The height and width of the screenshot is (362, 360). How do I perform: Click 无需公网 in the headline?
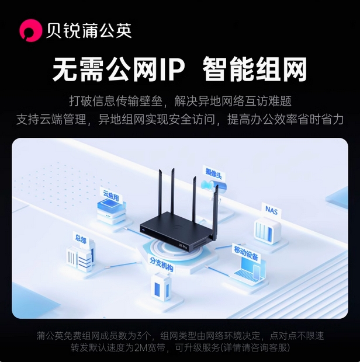pyautogui.click(x=105, y=70)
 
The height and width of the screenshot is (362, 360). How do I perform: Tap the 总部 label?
pyautogui.click(x=80, y=238)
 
